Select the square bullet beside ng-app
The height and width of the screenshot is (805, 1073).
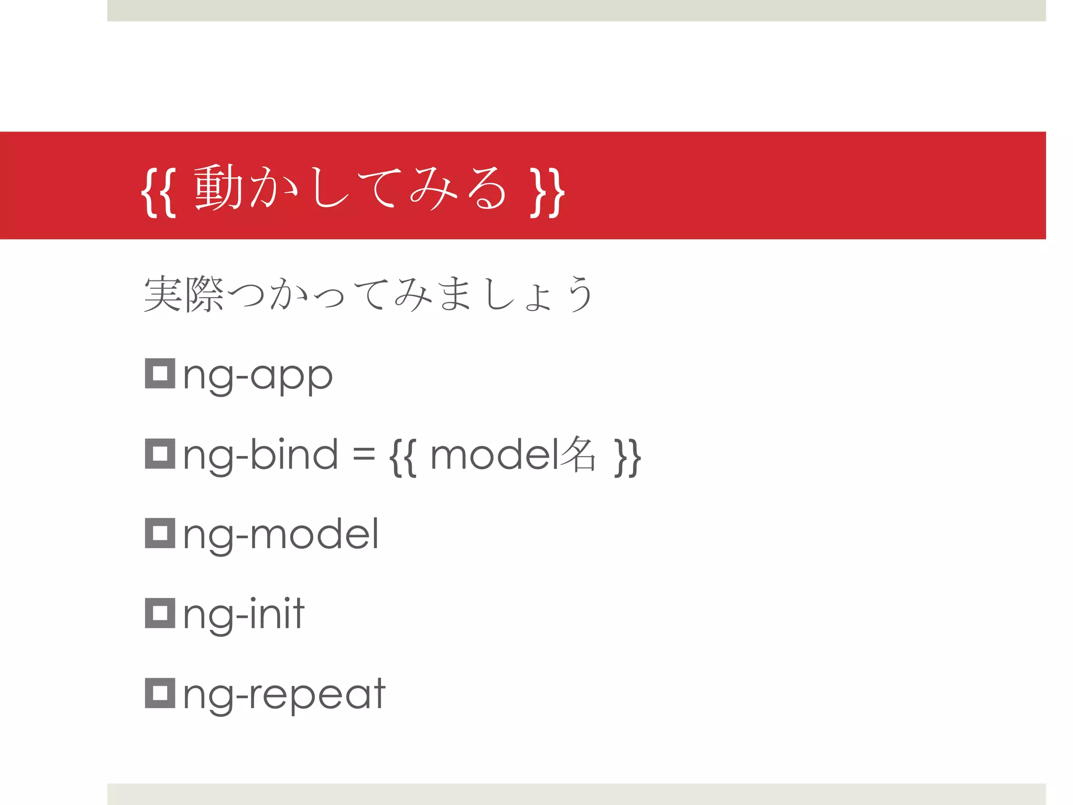160,374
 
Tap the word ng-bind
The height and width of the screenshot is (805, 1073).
260,455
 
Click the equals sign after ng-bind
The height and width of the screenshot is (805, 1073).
364,455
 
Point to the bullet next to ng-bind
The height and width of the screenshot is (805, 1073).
160,454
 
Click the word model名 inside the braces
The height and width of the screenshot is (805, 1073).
513,455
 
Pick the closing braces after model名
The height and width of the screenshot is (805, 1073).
627,458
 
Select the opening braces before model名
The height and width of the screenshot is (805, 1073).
403,458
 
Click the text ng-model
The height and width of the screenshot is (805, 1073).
281,535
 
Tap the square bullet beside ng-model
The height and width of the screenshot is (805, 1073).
160,534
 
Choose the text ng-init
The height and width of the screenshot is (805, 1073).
244,614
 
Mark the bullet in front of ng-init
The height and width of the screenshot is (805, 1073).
160,613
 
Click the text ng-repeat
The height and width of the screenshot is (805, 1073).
284,695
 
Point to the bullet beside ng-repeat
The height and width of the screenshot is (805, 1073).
160,693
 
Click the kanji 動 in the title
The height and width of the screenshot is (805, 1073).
218,187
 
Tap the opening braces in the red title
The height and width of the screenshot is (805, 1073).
158,191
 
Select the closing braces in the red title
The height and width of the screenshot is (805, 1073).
547,191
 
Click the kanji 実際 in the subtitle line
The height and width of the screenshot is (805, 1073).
184,294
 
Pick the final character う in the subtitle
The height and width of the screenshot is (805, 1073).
580,293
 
